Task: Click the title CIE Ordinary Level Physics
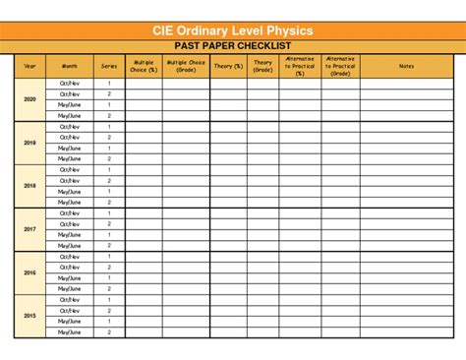pos(233,30)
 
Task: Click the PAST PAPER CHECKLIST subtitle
pos(233,45)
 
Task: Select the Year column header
pos(29,66)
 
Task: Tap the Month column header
pos(69,66)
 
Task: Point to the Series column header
pos(108,66)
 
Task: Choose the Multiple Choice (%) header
pos(144,66)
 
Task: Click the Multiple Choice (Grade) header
pos(186,66)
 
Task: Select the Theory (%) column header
pos(228,66)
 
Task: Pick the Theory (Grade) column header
pos(262,66)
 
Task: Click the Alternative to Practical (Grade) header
pos(340,66)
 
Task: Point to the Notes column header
pos(406,66)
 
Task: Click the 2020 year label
pos(29,99)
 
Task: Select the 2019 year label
pos(29,143)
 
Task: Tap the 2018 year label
pos(29,186)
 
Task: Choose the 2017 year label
pos(29,229)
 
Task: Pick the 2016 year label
pos(29,272)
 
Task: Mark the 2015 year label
pos(29,316)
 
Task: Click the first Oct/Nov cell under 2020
pos(69,84)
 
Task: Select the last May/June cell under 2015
pos(69,332)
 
